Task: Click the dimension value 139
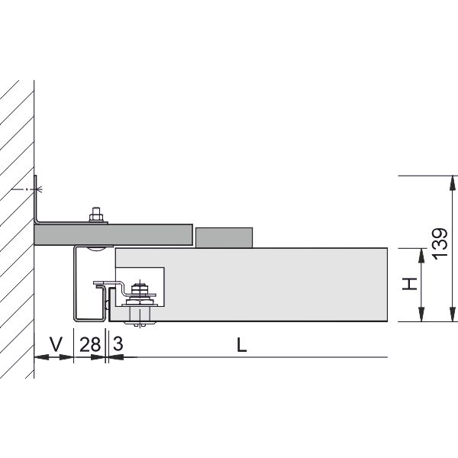click(440, 243)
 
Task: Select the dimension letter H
click(409, 284)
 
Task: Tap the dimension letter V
click(56, 344)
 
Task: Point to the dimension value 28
click(90, 344)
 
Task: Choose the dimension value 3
click(118, 343)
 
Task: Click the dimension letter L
click(241, 345)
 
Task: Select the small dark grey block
click(224, 237)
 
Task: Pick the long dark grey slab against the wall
click(114, 234)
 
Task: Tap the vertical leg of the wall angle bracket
click(36, 198)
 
